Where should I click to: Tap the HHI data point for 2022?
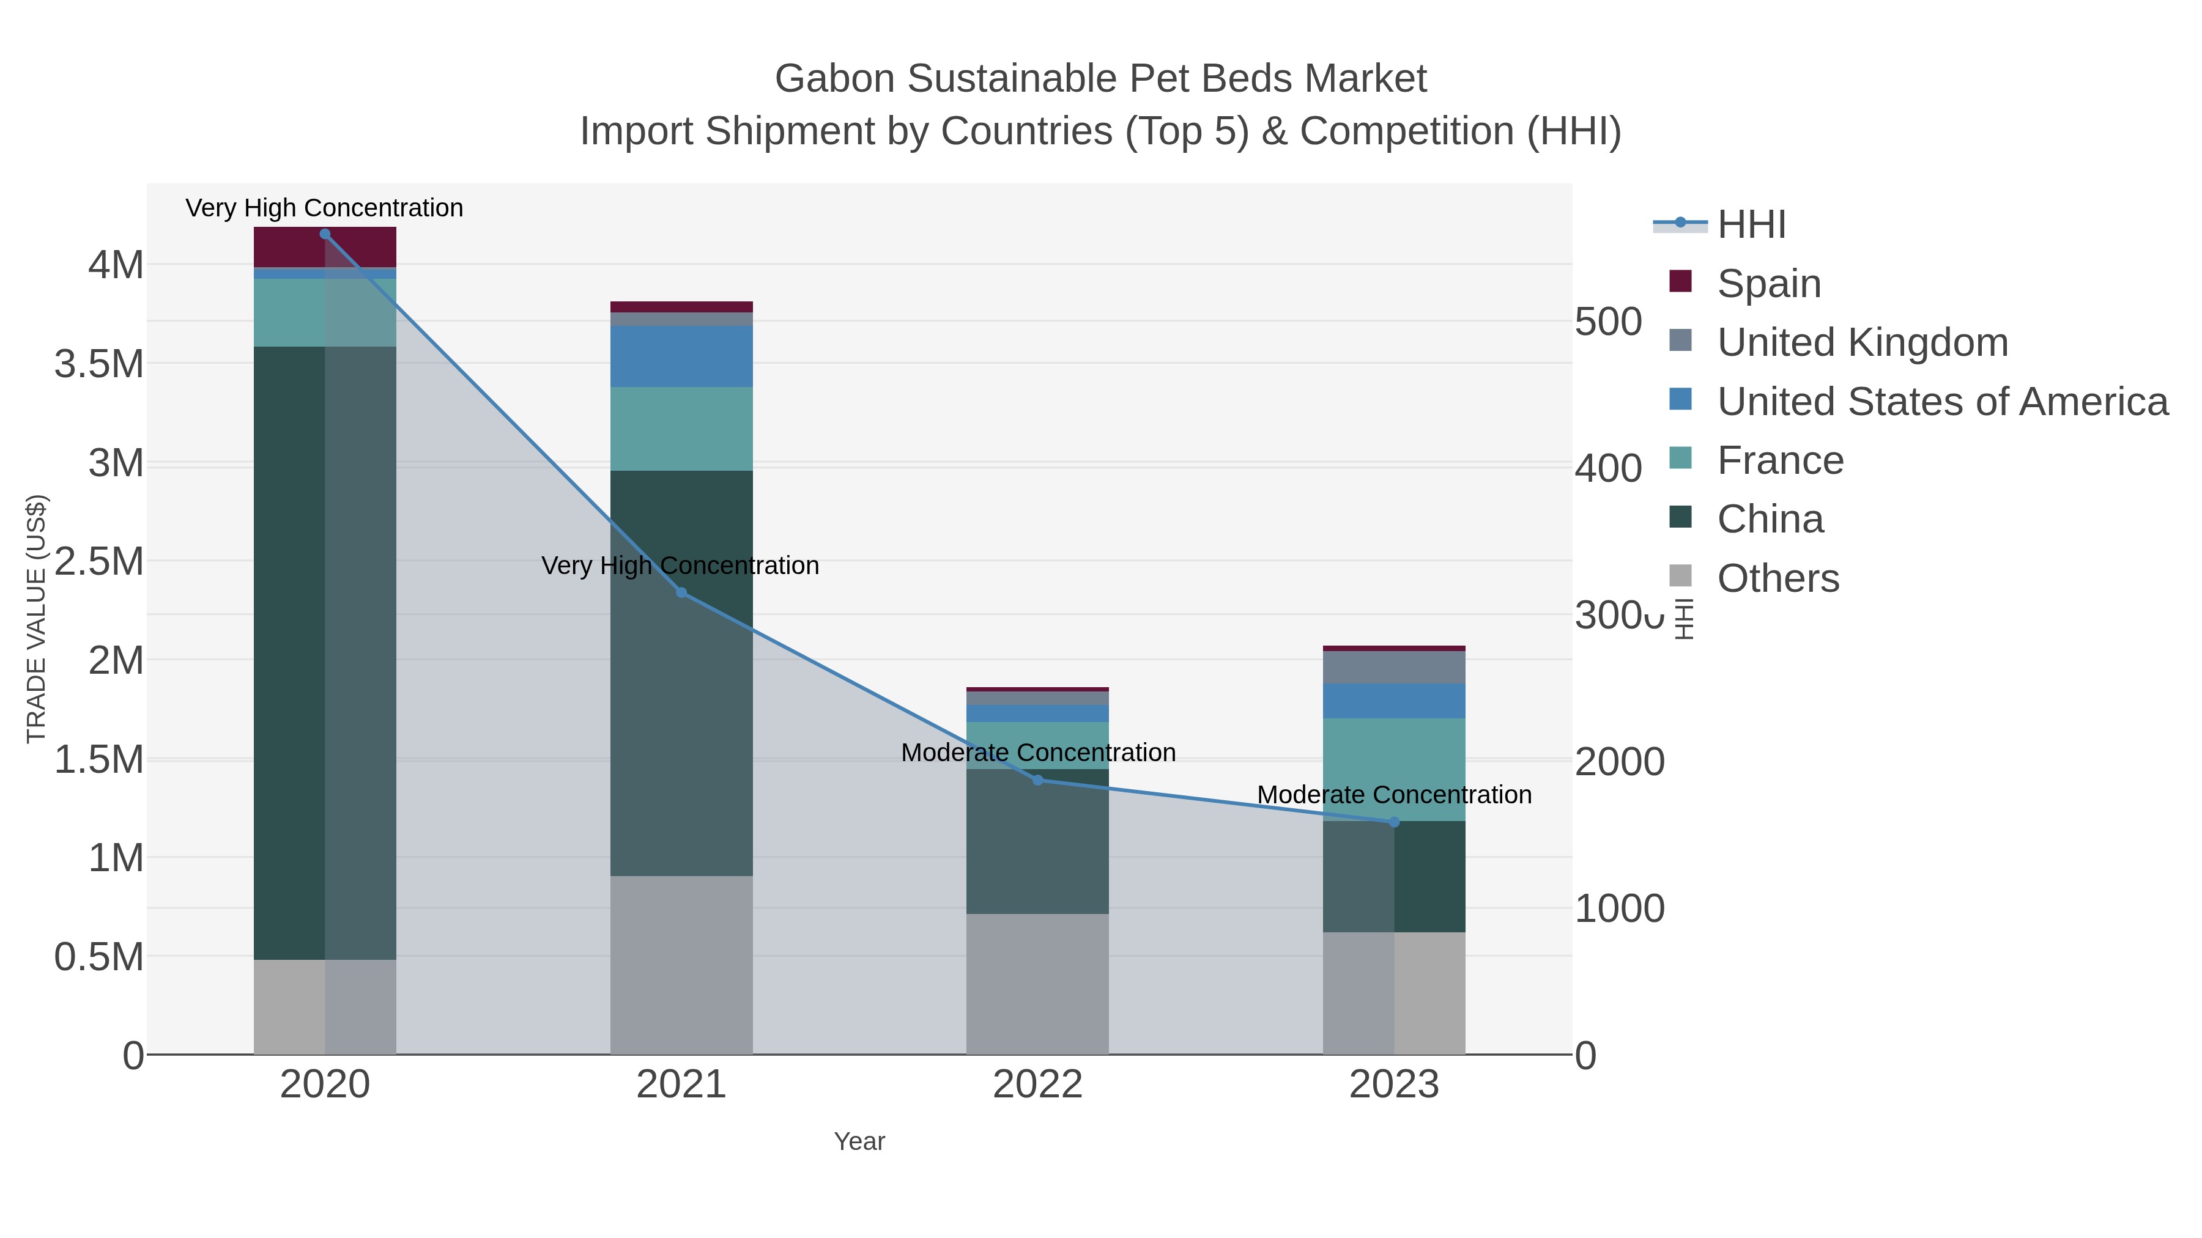click(x=1038, y=780)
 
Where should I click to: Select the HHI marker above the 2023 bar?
click(x=1394, y=822)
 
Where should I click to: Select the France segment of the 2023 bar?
click(x=1394, y=769)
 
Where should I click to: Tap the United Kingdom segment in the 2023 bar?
click(x=1394, y=667)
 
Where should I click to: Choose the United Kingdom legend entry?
click(x=1862, y=342)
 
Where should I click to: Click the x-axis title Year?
click(x=859, y=1141)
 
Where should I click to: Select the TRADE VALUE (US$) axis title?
click(x=37, y=619)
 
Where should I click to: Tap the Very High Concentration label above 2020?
click(x=324, y=208)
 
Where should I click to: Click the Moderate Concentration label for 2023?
click(x=1394, y=795)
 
